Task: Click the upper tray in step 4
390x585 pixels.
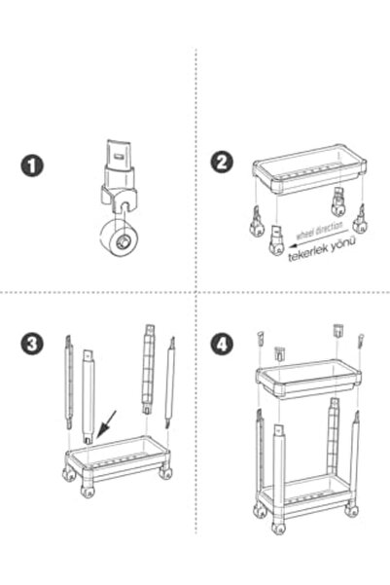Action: tap(310, 382)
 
